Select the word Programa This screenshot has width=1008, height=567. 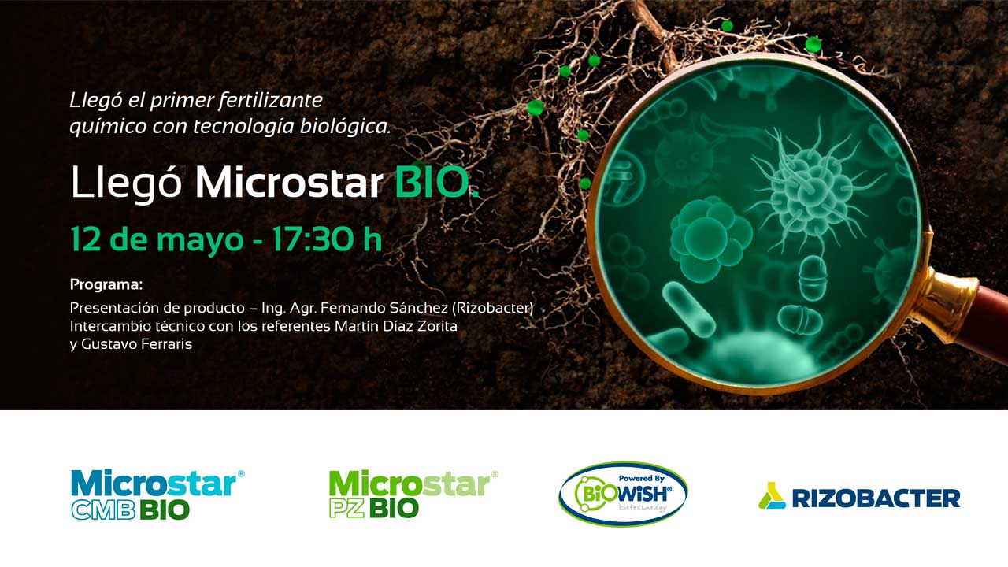click(x=106, y=285)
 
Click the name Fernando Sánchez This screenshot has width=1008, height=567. click(x=384, y=308)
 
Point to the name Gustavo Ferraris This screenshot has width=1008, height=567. click(x=137, y=344)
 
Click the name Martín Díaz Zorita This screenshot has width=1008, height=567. click(x=396, y=326)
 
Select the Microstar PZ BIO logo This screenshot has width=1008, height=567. click(x=413, y=494)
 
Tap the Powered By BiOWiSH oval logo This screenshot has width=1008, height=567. click(x=623, y=494)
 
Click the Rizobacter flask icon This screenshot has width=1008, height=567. click(x=772, y=495)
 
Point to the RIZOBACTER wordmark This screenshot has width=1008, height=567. click(x=876, y=498)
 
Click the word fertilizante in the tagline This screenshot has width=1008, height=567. click(x=270, y=101)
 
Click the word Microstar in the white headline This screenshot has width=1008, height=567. click(x=289, y=182)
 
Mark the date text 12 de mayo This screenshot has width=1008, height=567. click(x=157, y=240)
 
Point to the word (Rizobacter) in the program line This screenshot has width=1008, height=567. click(x=492, y=308)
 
